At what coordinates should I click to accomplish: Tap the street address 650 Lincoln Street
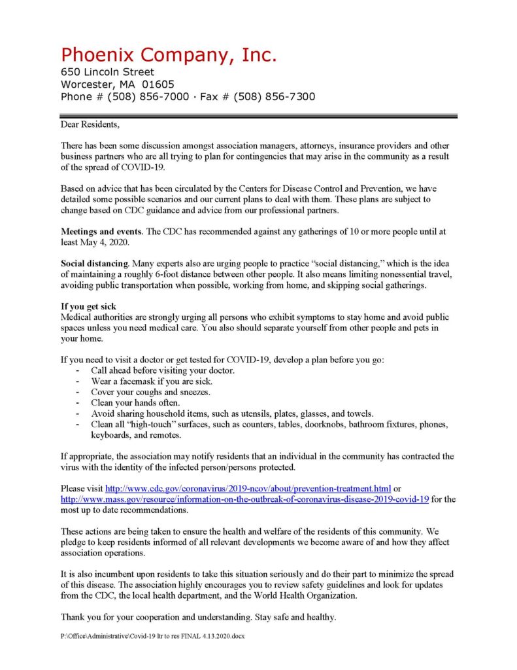(x=108, y=72)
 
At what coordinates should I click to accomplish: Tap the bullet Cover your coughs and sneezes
(x=150, y=392)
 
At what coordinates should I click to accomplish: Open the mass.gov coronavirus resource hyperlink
(x=244, y=499)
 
